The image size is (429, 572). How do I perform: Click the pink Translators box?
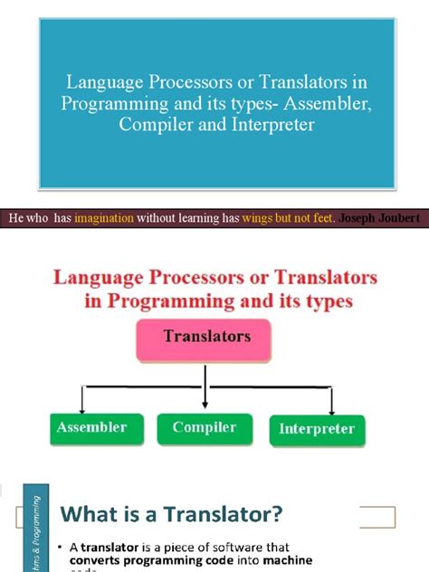coord(205,337)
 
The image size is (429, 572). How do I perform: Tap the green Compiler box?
coord(205,427)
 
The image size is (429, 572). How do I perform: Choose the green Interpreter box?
coord(317,429)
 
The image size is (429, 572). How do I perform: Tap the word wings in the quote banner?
coord(248,217)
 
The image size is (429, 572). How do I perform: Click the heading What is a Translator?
coord(172,514)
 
